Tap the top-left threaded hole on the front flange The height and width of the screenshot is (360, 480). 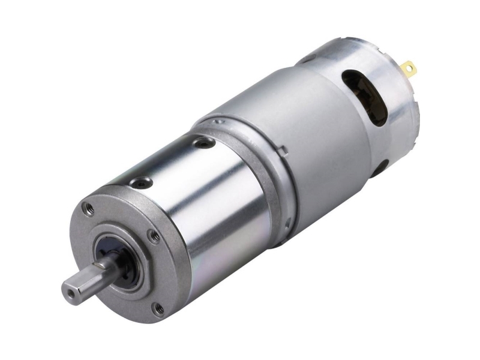point(89,208)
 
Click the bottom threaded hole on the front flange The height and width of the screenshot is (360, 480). point(158,310)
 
